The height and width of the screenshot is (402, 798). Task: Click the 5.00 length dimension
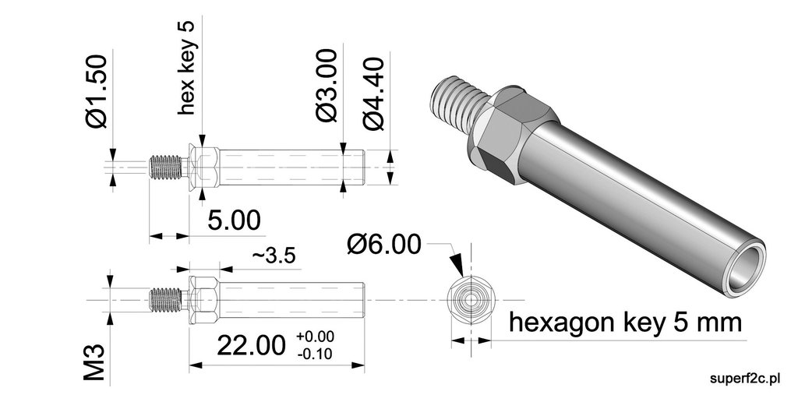[234, 220]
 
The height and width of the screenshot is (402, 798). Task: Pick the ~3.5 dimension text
[272, 257]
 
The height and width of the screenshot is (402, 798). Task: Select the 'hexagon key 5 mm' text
[624, 322]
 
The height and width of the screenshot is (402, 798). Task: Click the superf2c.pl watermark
[746, 379]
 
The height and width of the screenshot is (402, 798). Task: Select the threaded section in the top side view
[166, 167]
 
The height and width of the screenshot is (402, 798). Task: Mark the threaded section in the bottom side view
[166, 299]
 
